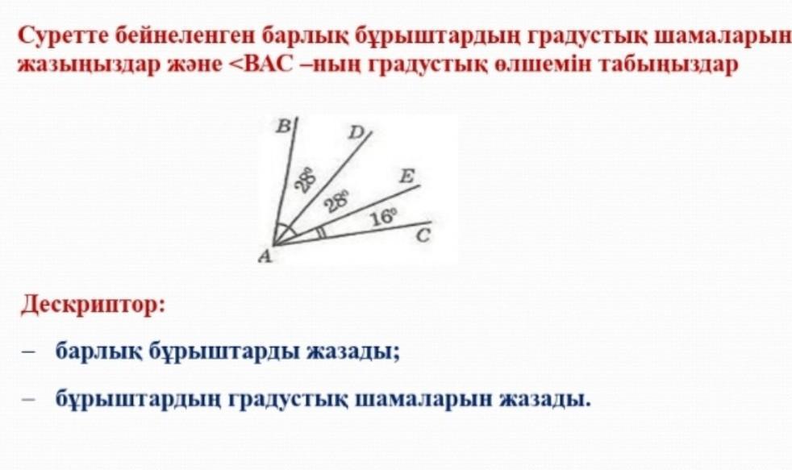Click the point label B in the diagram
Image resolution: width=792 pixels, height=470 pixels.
click(x=283, y=126)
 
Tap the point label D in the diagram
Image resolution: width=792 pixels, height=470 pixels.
click(x=356, y=133)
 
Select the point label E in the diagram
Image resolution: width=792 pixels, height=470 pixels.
click(x=406, y=177)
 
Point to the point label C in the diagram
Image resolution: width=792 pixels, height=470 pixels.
click(x=423, y=235)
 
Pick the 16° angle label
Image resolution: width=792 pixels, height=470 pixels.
click(x=384, y=218)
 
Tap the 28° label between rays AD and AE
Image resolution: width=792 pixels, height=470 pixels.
click(x=337, y=202)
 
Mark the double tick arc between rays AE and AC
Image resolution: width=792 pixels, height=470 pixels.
click(x=321, y=233)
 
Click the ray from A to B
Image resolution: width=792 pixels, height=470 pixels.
click(x=286, y=181)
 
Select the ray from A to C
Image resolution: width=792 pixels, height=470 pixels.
click(x=352, y=234)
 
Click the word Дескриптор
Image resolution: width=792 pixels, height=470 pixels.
click(x=94, y=306)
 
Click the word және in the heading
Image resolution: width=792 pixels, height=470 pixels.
click(x=194, y=65)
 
